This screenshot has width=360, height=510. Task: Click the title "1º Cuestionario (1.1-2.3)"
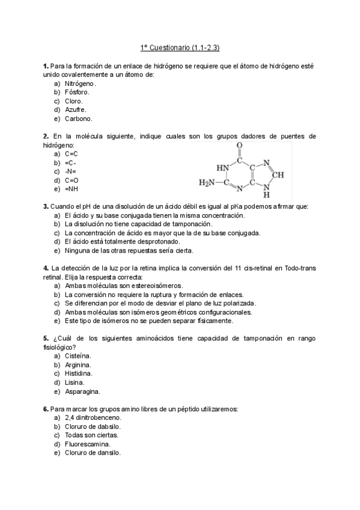180,47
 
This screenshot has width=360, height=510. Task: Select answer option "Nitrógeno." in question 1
80,84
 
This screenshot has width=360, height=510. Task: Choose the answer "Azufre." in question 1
76,110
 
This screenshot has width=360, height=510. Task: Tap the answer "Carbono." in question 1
79,119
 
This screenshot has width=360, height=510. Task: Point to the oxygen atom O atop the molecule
240,146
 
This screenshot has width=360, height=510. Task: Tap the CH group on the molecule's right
278,174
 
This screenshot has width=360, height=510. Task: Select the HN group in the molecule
222,168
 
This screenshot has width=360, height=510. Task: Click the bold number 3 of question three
46,206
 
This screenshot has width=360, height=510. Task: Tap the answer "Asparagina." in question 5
82,392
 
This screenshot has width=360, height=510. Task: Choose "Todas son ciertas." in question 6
91,435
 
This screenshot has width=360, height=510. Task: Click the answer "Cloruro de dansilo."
93,453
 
